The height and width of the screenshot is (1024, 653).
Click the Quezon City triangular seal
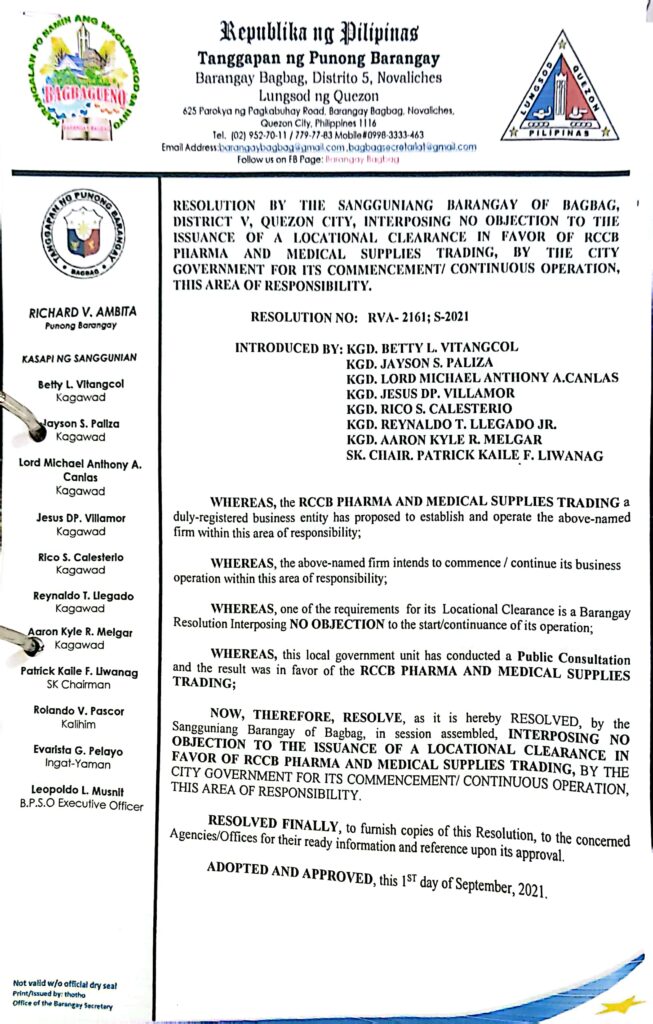[561, 88]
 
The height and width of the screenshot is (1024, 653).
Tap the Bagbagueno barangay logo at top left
[91, 80]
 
